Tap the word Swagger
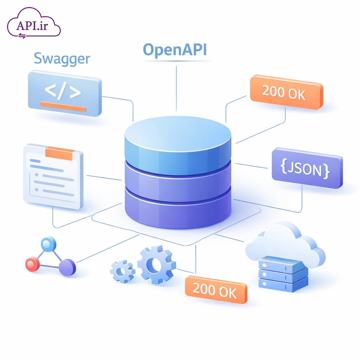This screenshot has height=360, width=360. click(62, 59)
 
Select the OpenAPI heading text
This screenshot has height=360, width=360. click(175, 50)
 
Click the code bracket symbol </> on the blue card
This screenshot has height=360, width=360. click(63, 91)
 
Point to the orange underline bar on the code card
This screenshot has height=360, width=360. click(63, 106)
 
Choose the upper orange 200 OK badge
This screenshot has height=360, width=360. click(286, 92)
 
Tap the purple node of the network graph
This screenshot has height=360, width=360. click(67, 267)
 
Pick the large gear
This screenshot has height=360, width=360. click(156, 265)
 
